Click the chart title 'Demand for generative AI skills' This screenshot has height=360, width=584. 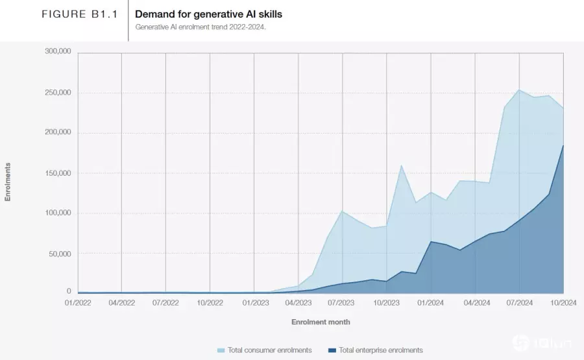pos(208,14)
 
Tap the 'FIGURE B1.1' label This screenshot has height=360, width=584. pos(80,14)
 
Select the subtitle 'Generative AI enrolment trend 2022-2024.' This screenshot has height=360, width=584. pos(201,27)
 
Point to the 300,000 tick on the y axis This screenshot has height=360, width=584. pos(58,51)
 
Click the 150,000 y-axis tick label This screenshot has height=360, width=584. pos(58,173)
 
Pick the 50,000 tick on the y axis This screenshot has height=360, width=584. pos(60,254)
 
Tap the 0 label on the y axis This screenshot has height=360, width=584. pos(69,291)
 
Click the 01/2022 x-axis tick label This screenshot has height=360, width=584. pos(78,303)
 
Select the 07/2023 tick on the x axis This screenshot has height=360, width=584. pos(341,303)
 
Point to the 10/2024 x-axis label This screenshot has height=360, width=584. pos(563,303)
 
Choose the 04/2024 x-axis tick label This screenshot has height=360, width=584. pos(477,303)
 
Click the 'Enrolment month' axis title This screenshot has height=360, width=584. pos(321,322)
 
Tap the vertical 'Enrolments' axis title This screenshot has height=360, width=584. pos(7,182)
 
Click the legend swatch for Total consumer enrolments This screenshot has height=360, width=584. pos(221,350)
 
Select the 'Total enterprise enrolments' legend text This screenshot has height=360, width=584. pos(381,350)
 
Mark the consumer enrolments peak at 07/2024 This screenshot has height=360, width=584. pos(519,90)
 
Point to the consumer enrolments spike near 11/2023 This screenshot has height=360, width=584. pos(401,165)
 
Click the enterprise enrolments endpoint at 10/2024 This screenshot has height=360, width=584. pos(563,145)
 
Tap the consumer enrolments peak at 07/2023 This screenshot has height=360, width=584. pos(342,211)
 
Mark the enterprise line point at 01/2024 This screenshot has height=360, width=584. pos(431,241)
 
